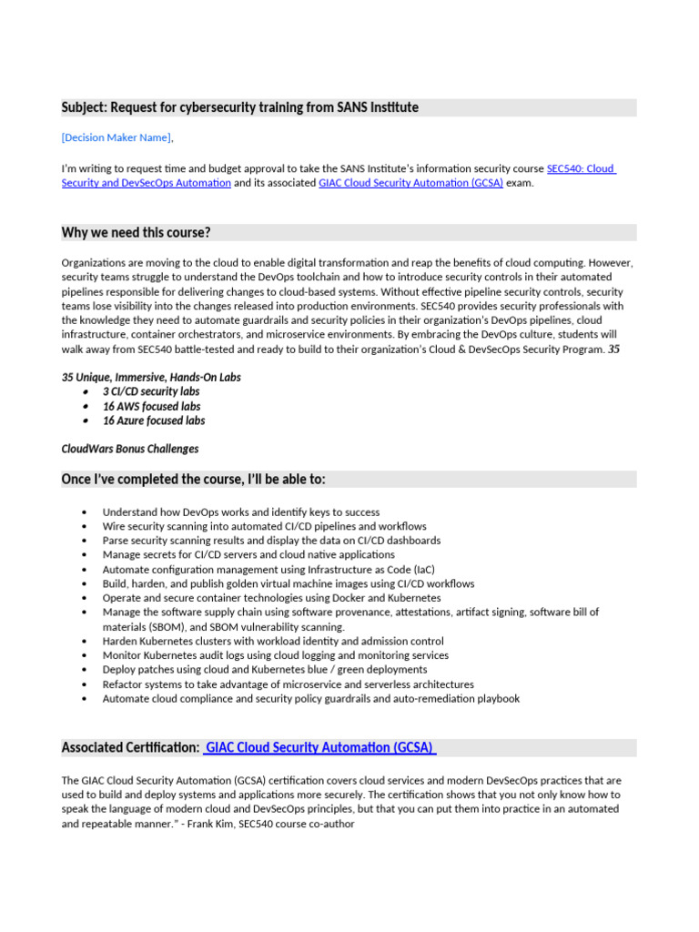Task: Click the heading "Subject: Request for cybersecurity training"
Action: tap(239, 108)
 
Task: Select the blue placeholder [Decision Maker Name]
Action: tap(116, 137)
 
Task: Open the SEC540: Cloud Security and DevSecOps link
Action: tap(580, 168)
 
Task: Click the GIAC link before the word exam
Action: tap(410, 183)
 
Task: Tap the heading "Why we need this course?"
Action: tap(136, 233)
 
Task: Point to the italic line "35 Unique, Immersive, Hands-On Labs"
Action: tap(151, 377)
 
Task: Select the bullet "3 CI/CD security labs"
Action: tap(150, 391)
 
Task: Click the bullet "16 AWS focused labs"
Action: tap(151, 406)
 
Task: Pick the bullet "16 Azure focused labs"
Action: tap(153, 420)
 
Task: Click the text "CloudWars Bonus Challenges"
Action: tap(129, 449)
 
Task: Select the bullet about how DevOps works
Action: tap(240, 512)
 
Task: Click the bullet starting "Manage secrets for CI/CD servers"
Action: tap(248, 554)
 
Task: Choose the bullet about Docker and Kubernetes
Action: tap(271, 598)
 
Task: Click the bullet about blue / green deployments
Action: tap(264, 670)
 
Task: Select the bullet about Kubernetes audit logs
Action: tap(275, 655)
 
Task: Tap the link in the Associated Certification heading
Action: tap(319, 748)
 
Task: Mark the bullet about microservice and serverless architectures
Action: tap(288, 684)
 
